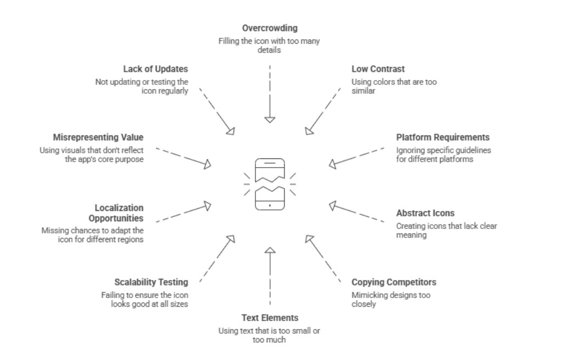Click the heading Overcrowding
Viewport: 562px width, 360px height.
pos(269,27)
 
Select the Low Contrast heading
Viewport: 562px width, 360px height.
pos(378,69)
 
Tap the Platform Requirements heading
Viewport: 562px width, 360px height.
pos(442,137)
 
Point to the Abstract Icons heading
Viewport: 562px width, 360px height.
pos(425,213)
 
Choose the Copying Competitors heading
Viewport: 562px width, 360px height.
pos(394,282)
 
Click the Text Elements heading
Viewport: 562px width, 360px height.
pos(270,317)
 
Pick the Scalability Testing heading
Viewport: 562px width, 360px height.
pos(151,282)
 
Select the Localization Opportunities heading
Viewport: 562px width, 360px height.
pos(119,213)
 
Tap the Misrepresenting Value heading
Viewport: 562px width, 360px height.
pos(98,137)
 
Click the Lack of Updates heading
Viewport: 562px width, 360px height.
pos(155,69)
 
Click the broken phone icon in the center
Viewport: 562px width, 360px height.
pos(270,184)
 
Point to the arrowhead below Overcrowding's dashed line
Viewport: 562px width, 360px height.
pos(269,119)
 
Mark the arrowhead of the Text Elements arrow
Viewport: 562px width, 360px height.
pos(269,250)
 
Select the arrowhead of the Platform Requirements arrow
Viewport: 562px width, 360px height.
pos(333,163)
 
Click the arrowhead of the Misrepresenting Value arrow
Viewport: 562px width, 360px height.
pos(207,163)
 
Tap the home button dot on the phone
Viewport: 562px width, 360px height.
pos(270,205)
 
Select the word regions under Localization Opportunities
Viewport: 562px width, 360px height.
pos(130,239)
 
